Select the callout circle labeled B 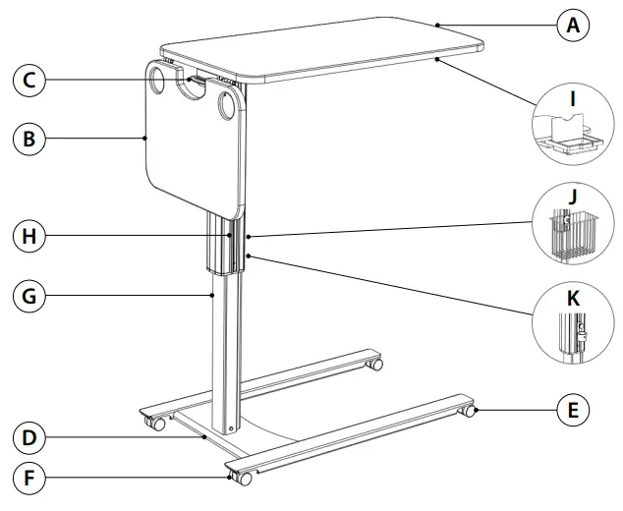[x=29, y=139]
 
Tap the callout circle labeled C [x=29, y=81]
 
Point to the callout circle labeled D [x=29, y=436]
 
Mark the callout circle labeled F [x=29, y=481]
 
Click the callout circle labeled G [x=29, y=294]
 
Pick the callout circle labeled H [x=29, y=236]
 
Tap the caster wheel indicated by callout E [x=470, y=411]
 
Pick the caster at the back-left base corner [x=155, y=424]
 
